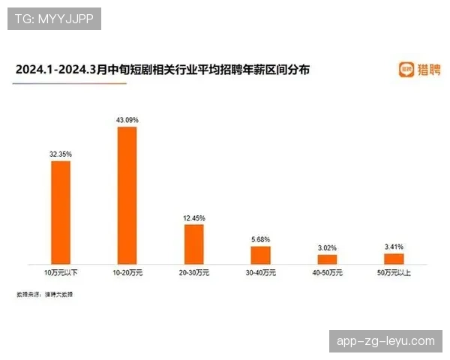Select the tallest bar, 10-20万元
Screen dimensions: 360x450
(127, 195)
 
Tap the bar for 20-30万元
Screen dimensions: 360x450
(193, 244)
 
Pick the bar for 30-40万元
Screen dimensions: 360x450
(260, 255)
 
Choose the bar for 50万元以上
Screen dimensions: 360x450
(394, 258)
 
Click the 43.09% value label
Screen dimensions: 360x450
(127, 120)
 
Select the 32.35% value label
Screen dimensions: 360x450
(60, 154)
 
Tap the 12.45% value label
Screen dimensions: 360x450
(193, 217)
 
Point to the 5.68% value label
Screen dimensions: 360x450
(260, 239)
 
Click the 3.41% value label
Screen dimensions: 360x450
(394, 246)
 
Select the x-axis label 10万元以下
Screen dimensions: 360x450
(60, 272)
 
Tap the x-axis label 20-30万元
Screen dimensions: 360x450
(193, 272)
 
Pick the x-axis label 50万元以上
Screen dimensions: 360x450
(394, 272)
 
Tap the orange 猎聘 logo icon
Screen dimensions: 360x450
(405, 70)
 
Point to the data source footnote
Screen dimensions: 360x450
(45, 294)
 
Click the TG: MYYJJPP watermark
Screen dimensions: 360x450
(54, 19)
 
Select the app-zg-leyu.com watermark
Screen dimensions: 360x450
(386, 341)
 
